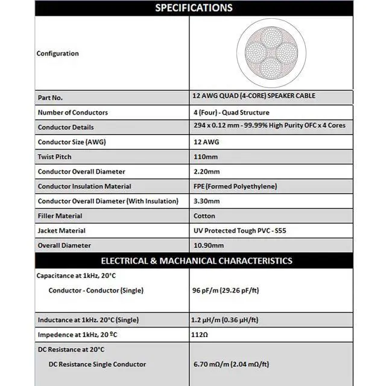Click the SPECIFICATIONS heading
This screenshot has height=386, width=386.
tap(194, 8)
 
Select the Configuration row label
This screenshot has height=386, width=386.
tap(58, 54)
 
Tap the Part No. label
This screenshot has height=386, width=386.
tap(50, 97)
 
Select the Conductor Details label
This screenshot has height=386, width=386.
tap(66, 127)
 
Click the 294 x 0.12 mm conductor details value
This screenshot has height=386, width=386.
tap(269, 125)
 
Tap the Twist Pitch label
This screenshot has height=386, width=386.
tap(54, 157)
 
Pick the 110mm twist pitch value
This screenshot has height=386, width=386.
tap(204, 157)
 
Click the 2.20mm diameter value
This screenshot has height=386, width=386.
tap(206, 172)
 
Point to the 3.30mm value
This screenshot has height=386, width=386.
tap(206, 201)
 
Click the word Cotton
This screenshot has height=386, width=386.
tap(204, 216)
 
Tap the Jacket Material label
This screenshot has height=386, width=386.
tap(62, 230)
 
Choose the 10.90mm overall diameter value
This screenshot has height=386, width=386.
tap(208, 245)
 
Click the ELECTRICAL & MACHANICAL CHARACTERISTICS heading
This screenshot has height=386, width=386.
tap(196, 261)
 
